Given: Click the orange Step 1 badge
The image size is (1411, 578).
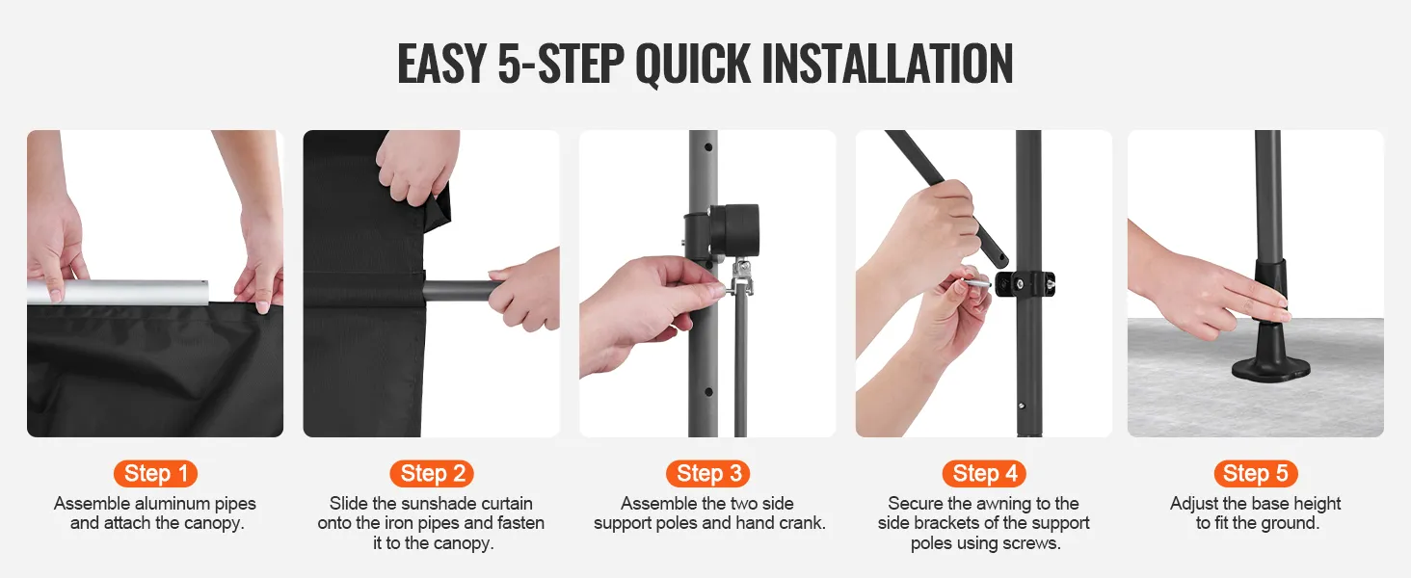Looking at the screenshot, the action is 155,474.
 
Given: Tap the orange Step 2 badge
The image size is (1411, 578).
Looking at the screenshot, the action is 432,474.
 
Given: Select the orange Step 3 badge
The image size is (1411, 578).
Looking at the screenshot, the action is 708,474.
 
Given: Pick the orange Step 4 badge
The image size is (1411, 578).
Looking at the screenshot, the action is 985,474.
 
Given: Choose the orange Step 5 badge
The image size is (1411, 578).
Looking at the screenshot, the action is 1256,474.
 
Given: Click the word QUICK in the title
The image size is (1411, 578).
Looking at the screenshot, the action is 693,65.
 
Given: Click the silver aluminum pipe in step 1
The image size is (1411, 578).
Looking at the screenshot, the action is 119,293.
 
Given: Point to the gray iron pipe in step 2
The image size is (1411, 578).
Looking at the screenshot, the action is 460,291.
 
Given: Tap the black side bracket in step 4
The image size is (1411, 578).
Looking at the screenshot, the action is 1025,284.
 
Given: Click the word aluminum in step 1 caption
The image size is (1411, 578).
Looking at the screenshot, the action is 173,504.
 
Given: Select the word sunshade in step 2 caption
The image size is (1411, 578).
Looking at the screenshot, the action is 430,504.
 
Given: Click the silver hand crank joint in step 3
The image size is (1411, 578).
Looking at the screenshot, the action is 743,278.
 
